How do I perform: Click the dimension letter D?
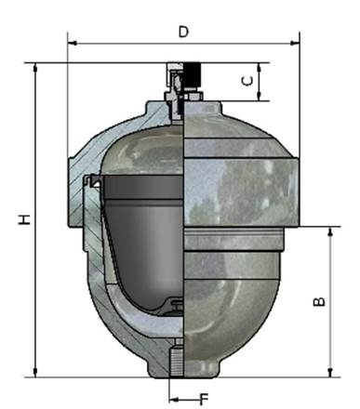[183, 32]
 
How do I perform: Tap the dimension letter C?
[247, 81]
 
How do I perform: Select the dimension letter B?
[319, 301]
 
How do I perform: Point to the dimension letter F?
[204, 399]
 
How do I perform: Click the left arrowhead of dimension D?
[73, 43]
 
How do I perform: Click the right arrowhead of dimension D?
[295, 43]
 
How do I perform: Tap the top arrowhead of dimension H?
[35, 68]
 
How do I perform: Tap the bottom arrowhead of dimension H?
[35, 373]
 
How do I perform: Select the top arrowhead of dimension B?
[330, 231]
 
